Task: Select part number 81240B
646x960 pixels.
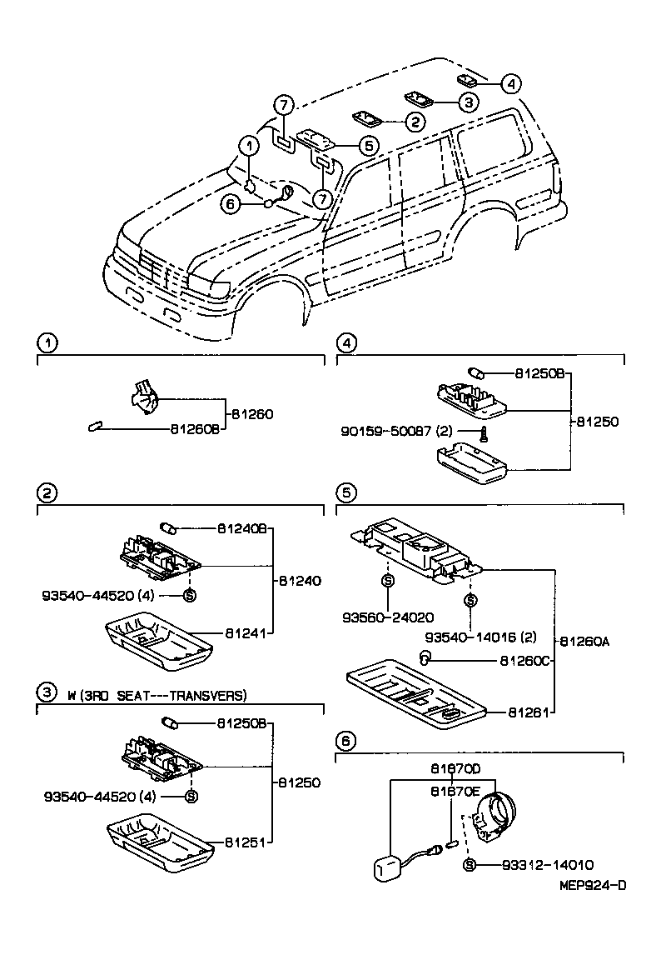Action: click(242, 528)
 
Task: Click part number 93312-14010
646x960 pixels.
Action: click(547, 865)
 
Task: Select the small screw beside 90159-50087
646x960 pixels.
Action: click(482, 432)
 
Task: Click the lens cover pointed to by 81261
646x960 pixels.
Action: click(416, 692)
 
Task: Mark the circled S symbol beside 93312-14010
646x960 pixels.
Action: click(469, 865)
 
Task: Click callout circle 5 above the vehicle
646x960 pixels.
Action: click(368, 145)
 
